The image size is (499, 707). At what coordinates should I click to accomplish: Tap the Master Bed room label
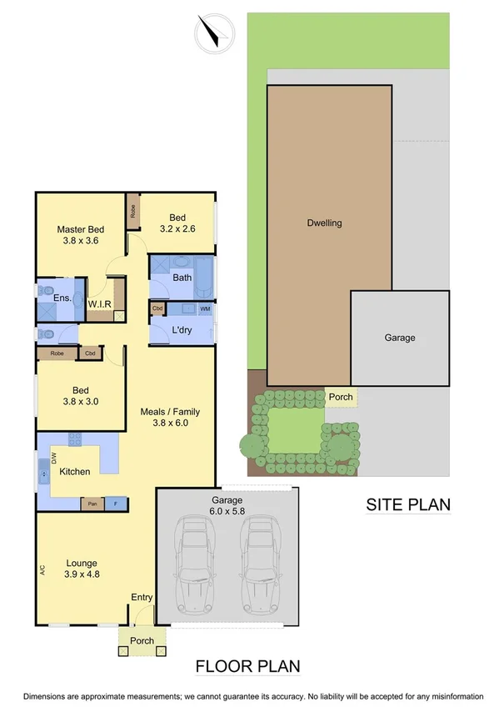click(81, 229)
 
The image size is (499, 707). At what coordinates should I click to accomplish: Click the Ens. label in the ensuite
click(62, 298)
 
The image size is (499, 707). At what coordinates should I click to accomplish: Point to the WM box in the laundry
click(204, 309)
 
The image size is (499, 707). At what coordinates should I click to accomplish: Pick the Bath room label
click(182, 278)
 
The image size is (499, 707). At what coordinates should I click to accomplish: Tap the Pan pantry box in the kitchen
click(90, 504)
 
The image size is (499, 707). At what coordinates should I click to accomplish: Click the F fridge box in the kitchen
click(115, 504)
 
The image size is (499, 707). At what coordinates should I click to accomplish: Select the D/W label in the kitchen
click(54, 458)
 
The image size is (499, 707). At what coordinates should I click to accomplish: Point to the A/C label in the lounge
click(42, 571)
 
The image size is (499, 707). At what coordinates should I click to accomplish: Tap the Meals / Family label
click(171, 411)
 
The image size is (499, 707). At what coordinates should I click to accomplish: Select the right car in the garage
click(260, 563)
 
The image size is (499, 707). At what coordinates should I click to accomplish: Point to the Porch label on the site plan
click(340, 397)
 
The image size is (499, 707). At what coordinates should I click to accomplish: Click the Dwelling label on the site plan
click(324, 223)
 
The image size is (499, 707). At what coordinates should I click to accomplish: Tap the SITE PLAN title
click(408, 504)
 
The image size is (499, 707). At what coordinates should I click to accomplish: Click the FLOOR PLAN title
click(247, 666)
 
